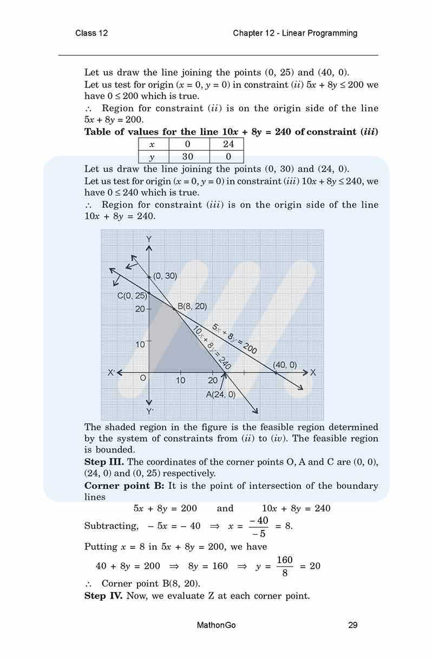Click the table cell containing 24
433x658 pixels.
coord(228,144)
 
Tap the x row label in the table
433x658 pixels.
coord(154,144)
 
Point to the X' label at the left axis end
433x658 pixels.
coord(111,373)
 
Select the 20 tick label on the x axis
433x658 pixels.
coord(213,381)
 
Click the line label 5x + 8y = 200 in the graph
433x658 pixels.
coord(234,338)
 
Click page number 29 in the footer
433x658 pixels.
coord(353,626)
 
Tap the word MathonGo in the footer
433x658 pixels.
coord(216,626)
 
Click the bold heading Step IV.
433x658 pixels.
coord(104,596)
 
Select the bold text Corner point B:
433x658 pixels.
coord(124,486)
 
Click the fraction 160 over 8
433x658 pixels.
coord(285,566)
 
